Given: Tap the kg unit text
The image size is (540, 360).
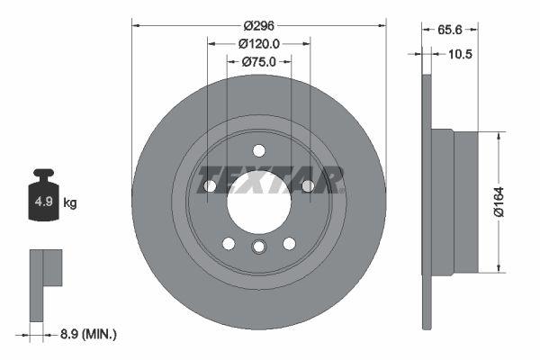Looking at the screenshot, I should [69, 202].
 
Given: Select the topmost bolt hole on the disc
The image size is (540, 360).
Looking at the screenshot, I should [258, 150].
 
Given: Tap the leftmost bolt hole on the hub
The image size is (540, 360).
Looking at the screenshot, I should [210, 185].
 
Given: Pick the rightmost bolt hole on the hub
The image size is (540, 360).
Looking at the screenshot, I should [307, 185].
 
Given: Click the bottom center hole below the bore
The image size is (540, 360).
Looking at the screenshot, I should [258, 247].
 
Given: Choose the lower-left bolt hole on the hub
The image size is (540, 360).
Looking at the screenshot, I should [229, 243].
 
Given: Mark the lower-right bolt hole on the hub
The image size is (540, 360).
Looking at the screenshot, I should [289, 243].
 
